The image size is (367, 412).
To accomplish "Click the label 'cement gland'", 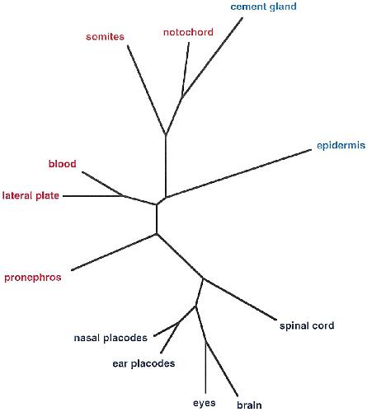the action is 263,7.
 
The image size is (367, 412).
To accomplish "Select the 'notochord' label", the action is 188,32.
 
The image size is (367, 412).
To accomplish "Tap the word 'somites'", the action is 105,36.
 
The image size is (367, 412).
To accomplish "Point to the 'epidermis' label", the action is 341,146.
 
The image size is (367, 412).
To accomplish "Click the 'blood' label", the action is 63,164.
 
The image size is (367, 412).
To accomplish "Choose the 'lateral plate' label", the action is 31,195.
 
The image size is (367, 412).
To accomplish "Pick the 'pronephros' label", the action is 33,278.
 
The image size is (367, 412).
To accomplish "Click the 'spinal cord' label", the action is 307,325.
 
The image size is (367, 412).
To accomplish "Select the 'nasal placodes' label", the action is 111,338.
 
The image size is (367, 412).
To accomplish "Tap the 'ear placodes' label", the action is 144,363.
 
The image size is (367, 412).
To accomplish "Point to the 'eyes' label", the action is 205,403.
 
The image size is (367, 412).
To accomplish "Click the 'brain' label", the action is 249,405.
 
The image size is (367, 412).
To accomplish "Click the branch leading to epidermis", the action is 238,173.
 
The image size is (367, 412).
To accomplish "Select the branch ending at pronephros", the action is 114,252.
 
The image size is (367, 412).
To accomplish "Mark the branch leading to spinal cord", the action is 239,299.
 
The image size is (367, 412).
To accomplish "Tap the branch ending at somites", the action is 146,90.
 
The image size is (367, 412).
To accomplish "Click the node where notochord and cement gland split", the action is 182,96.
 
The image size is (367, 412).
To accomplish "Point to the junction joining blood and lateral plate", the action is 122,196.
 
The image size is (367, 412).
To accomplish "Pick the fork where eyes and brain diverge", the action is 205,341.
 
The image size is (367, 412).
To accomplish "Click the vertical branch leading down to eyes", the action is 205,368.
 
